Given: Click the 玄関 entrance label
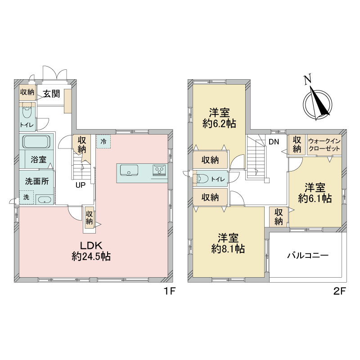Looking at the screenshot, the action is [52, 94].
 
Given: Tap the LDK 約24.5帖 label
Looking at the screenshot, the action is [91, 251].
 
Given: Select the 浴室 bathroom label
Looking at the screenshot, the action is [39, 159].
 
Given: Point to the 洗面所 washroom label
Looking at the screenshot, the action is [37, 181].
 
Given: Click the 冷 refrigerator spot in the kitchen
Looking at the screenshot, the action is [103, 141].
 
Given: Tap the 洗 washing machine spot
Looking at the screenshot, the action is [26, 197].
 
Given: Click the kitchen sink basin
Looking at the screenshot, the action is [129, 170].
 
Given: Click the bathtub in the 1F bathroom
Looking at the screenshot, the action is [36, 142].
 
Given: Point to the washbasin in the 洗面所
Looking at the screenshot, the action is [44, 200].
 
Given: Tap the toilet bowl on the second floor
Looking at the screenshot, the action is [202, 178].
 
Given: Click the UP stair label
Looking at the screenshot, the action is [81, 185].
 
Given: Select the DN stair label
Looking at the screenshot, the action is [274, 142].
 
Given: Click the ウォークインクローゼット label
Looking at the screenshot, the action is [324, 144].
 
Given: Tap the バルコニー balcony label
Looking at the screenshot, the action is [308, 256].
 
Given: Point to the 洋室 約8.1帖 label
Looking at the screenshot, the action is [228, 243].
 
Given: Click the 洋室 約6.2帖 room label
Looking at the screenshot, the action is [219, 118].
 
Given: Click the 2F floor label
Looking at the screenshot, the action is [339, 292].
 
